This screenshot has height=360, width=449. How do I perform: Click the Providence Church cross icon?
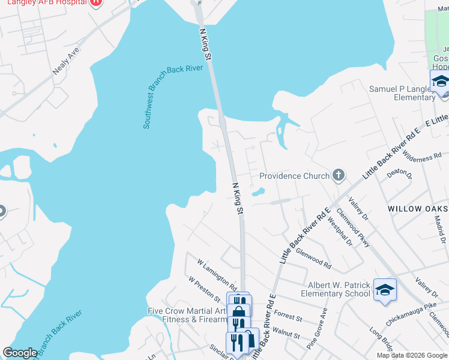click(339, 176)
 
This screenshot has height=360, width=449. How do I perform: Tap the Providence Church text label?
click(294, 176)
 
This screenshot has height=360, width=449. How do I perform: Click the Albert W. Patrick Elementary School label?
click(339, 290)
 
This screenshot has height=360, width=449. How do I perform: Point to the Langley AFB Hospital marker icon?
click(95, 2)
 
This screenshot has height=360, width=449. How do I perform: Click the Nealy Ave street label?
click(66, 61)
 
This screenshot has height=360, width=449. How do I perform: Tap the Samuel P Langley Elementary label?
click(400, 92)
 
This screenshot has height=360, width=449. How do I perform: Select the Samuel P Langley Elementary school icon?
click(440, 81)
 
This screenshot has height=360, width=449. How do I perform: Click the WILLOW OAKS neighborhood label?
click(418, 208)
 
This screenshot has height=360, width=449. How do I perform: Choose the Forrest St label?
click(288, 314)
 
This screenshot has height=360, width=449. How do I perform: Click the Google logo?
click(20, 353)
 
